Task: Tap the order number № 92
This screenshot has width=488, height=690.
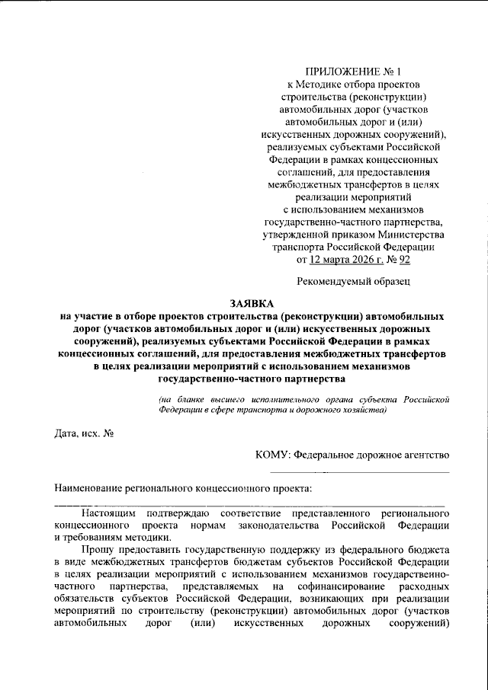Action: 400,259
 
